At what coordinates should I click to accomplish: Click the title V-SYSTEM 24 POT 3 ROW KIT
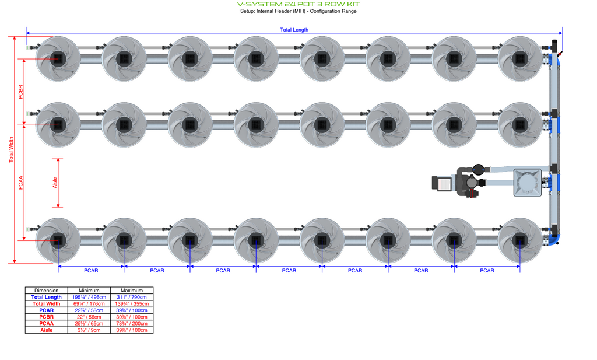pyautogui.click(x=298, y=4)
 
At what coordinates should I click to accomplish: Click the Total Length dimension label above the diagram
pyautogui.click(x=294, y=30)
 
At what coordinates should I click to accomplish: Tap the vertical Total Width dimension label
pyautogui.click(x=11, y=150)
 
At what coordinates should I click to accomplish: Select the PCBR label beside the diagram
pyautogui.click(x=21, y=92)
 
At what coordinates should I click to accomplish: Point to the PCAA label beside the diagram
pyautogui.click(x=21, y=183)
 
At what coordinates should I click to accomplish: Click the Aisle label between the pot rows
pyautogui.click(x=55, y=183)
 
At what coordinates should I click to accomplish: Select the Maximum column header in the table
pyautogui.click(x=131, y=291)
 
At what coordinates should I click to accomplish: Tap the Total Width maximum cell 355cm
pyautogui.click(x=131, y=304)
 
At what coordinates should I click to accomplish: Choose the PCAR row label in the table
pyautogui.click(x=47, y=310)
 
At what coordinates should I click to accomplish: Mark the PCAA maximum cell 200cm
pyautogui.click(x=131, y=323)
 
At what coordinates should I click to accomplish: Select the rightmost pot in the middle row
pyautogui.click(x=519, y=124)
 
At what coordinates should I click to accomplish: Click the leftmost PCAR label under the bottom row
pyautogui.click(x=91, y=271)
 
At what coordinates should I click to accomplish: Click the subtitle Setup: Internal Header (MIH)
pyautogui.click(x=298, y=11)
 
